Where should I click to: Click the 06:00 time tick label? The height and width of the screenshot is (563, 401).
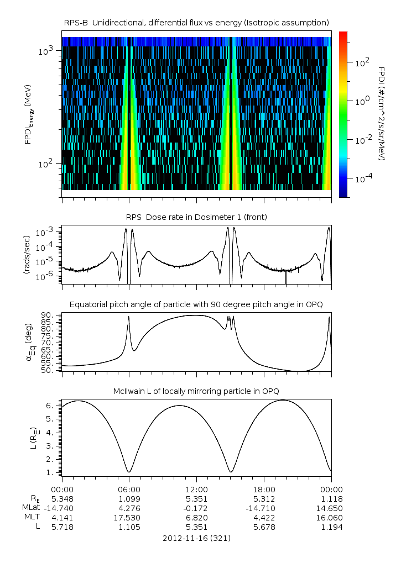129,490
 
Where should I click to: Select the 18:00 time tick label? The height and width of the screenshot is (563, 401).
264,490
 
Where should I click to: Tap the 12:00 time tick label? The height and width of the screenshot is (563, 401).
196,490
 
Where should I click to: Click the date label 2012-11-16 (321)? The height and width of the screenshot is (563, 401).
196,538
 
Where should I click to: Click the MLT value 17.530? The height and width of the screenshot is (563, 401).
129,518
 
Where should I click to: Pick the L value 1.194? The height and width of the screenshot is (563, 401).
331,527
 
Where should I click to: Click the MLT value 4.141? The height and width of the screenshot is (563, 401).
62,518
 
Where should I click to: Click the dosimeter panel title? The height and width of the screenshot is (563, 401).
196,217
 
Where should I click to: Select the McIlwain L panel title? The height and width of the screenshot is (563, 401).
196,391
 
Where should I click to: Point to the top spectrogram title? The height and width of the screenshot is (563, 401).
196,22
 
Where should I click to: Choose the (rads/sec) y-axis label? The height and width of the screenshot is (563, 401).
27,255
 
